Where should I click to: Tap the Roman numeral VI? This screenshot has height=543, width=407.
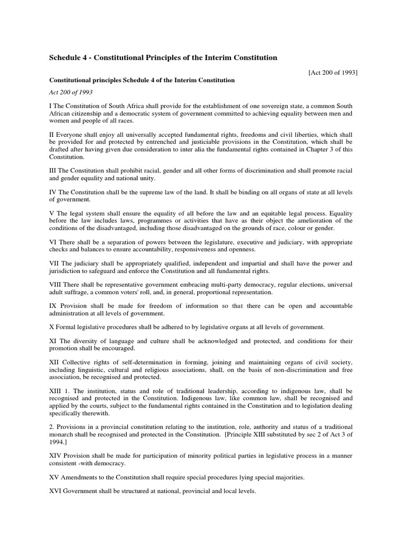pyautogui.click(x=53, y=242)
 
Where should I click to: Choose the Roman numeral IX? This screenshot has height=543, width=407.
pyautogui.click(x=53, y=306)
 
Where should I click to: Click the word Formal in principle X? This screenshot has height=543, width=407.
pyautogui.click(x=66, y=327)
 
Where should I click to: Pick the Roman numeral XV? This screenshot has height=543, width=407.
pyautogui.click(x=55, y=477)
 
